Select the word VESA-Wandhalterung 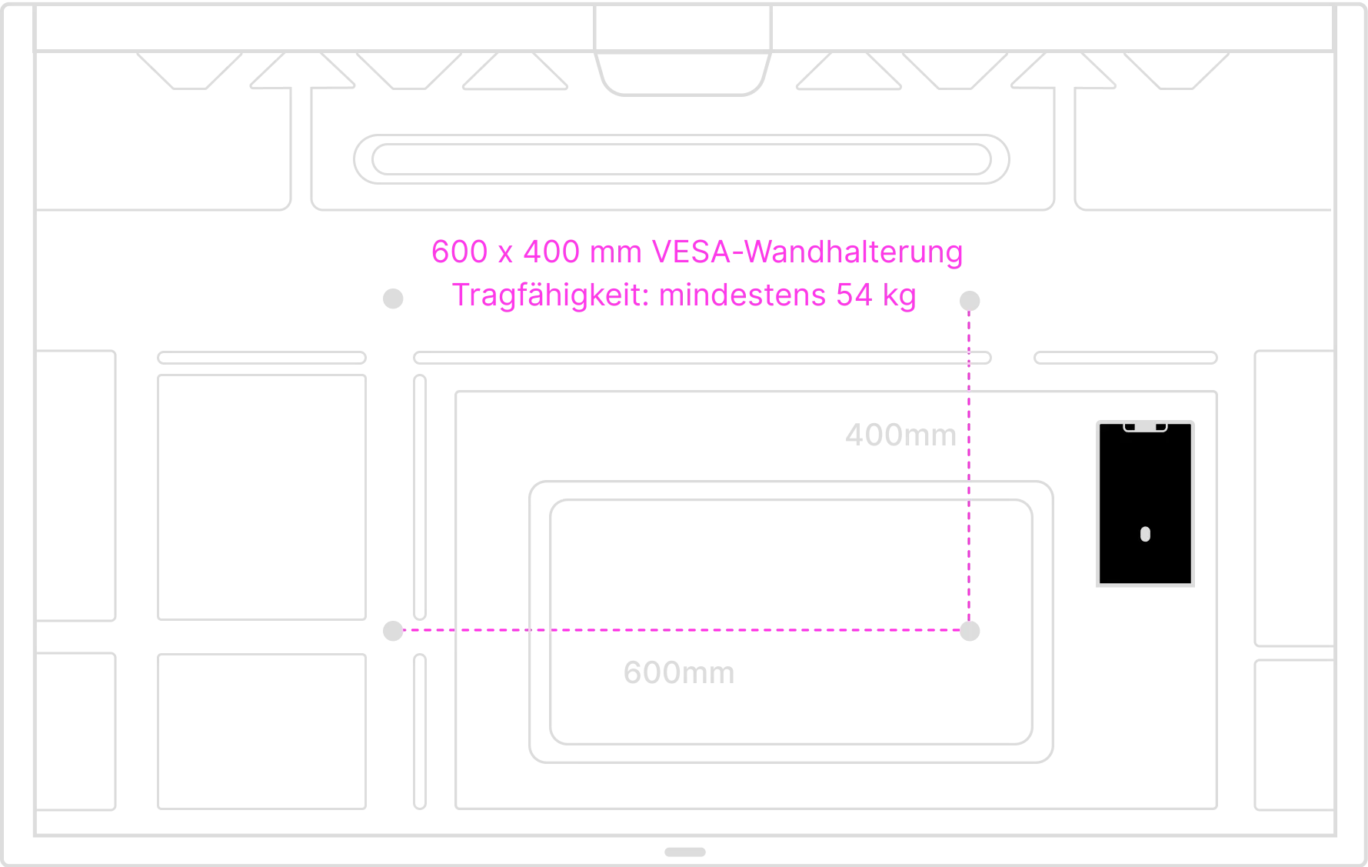tap(807, 252)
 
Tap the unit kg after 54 tap(898, 296)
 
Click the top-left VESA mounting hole tap(394, 298)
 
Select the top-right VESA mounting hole tap(972, 299)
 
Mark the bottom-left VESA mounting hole tap(394, 630)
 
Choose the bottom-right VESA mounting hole tap(972, 630)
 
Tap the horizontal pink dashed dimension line tap(677, 630)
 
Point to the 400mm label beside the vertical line tap(901, 436)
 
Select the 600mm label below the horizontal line tap(679, 674)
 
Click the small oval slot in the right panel tap(1145, 534)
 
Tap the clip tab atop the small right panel tap(1145, 426)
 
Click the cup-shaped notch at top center tap(684, 50)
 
